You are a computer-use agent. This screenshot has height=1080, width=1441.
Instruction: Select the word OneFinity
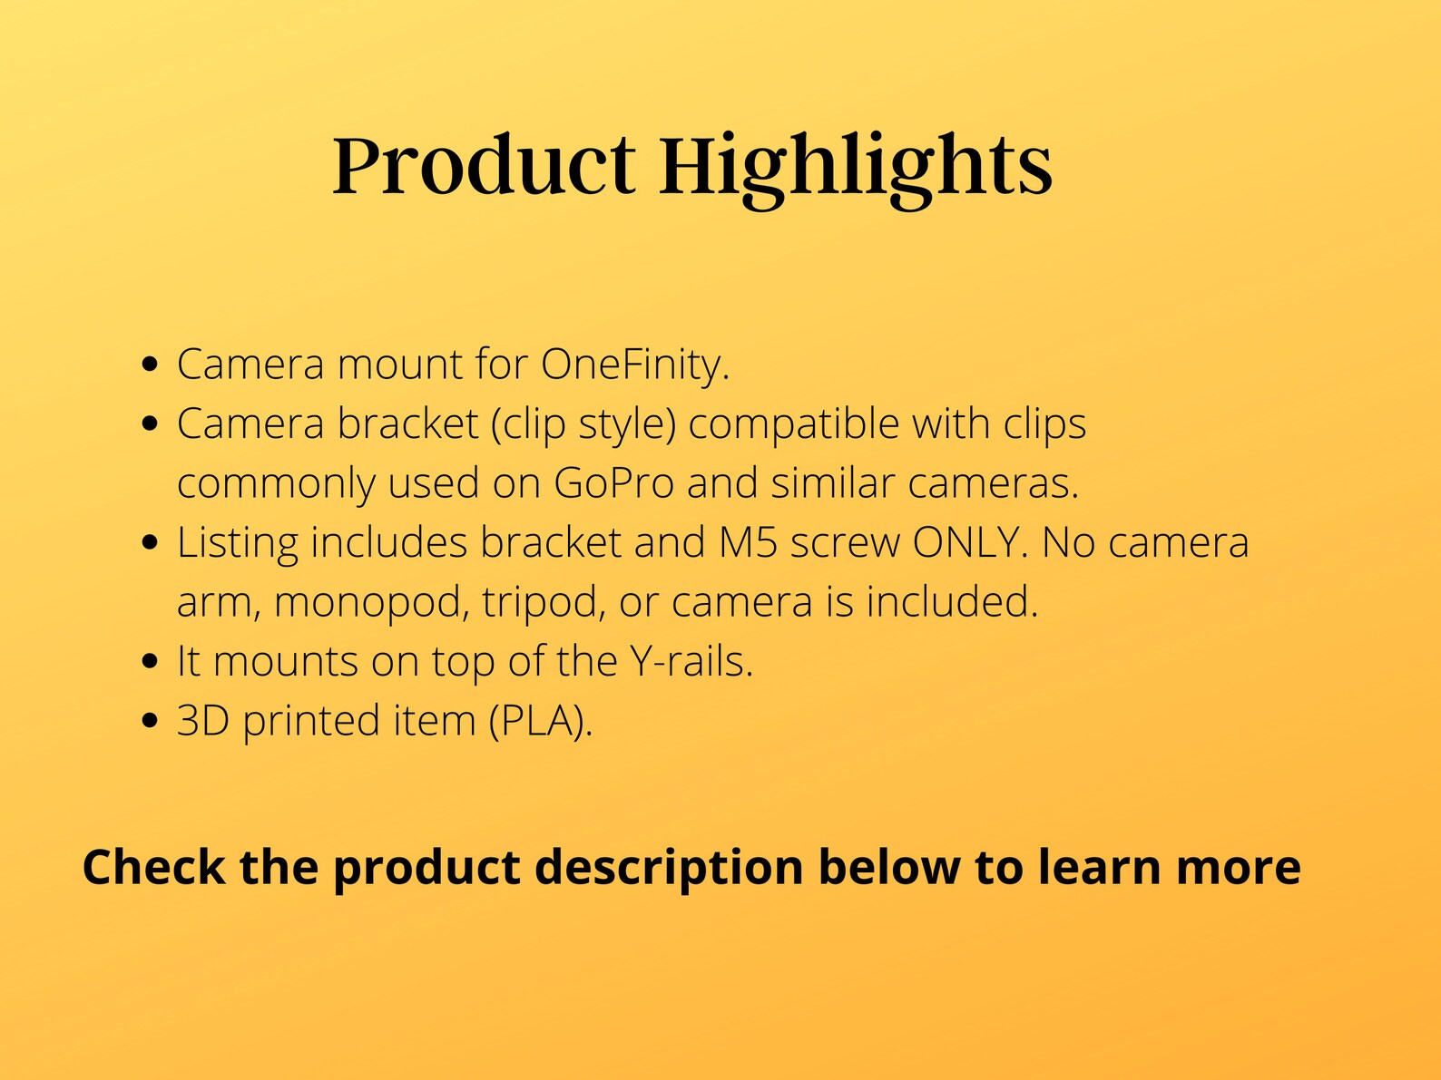click(x=635, y=365)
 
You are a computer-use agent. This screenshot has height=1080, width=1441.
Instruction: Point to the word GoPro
click(x=613, y=482)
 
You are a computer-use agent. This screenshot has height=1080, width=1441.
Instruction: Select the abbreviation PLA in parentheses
click(x=539, y=721)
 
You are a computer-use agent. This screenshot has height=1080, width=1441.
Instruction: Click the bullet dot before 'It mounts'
click(x=152, y=662)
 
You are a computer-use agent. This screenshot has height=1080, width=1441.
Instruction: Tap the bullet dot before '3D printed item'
click(x=152, y=722)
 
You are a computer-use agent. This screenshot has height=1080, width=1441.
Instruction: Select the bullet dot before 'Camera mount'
click(x=152, y=365)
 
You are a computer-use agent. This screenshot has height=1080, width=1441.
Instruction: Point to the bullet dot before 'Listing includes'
click(x=152, y=543)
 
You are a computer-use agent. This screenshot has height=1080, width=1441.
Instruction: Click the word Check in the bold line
click(x=153, y=866)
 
